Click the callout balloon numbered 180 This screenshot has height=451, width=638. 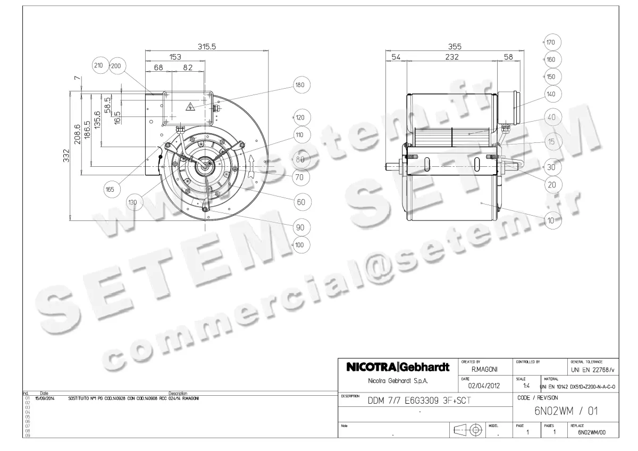click(x=300, y=85)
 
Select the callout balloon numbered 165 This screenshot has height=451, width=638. click(x=110, y=189)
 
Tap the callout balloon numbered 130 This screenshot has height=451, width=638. click(x=133, y=202)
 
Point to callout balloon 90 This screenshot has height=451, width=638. click(x=300, y=227)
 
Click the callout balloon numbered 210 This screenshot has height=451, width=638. click(x=98, y=66)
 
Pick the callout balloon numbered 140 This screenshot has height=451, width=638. click(x=551, y=93)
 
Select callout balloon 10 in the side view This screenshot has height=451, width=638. click(x=551, y=221)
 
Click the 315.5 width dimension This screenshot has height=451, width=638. click(x=207, y=47)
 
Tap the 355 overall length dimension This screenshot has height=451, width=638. click(x=455, y=47)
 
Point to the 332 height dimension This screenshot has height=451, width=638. click(x=68, y=157)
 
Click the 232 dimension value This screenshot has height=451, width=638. click(x=452, y=57)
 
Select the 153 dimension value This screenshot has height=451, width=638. click(x=175, y=57)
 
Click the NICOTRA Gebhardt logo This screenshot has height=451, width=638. click(x=398, y=368)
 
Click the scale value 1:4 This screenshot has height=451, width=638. click(x=526, y=386)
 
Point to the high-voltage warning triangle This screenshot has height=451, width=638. click(x=190, y=107)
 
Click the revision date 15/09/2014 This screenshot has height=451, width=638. click(x=44, y=397)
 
